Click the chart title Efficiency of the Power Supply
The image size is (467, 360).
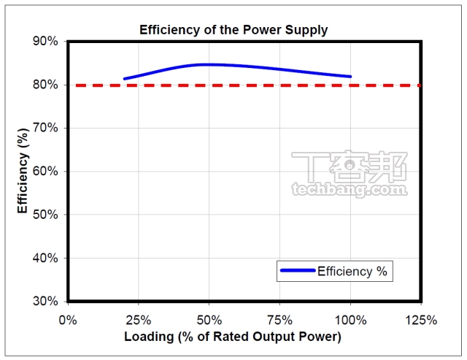click(x=233, y=30)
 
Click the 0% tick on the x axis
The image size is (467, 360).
click(x=67, y=320)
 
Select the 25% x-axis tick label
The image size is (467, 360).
click(x=138, y=320)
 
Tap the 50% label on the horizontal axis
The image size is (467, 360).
click(x=209, y=320)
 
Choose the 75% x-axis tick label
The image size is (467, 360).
click(x=279, y=320)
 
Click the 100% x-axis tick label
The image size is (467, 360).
click(x=350, y=320)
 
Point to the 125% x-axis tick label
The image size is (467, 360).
click(x=421, y=320)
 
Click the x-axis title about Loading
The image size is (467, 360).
click(x=233, y=337)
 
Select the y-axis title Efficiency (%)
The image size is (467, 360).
click(x=23, y=169)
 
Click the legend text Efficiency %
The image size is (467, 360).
click(x=352, y=271)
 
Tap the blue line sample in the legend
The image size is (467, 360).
click(x=296, y=271)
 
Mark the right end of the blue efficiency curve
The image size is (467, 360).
click(x=351, y=76)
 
